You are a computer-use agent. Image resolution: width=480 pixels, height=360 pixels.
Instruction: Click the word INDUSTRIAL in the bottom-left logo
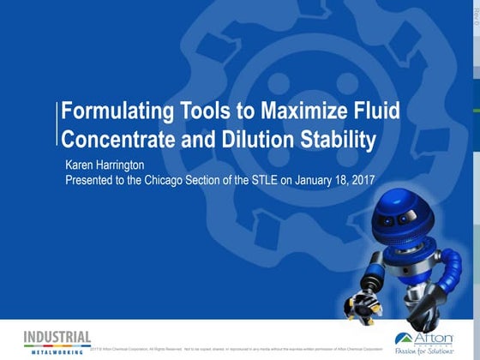52,337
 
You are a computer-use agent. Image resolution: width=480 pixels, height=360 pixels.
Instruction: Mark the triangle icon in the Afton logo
405,337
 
